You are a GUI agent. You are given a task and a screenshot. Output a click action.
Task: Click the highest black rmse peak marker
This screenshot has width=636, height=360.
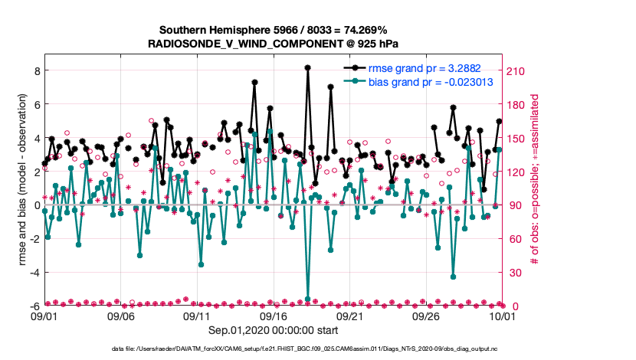307,67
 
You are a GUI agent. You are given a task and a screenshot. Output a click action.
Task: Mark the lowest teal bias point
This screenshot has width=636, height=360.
307,299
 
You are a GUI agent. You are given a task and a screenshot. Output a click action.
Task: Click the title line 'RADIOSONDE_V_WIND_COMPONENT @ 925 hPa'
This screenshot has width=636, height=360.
273,44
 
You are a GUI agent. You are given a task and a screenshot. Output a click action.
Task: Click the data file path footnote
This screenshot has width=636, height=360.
273,349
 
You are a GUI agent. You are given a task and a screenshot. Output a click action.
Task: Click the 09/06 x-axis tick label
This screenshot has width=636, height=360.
120,315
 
